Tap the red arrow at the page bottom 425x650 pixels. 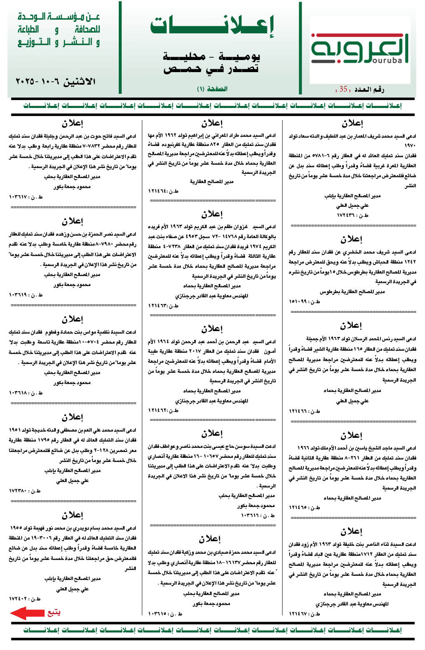coord(27,613)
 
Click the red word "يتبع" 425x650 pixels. coord(54,612)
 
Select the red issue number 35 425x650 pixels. coord(343,89)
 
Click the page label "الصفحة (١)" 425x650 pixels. coord(212,89)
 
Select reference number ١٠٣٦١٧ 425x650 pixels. coord(25,197)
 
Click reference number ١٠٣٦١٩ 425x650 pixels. coord(25,295)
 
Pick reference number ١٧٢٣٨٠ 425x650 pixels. coord(25,491)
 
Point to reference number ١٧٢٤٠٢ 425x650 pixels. coord(25,599)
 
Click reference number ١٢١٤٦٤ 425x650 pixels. coord(163,191)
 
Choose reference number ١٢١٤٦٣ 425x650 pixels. coord(163,306)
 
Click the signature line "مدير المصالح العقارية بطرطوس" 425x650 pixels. coord(352,291)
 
